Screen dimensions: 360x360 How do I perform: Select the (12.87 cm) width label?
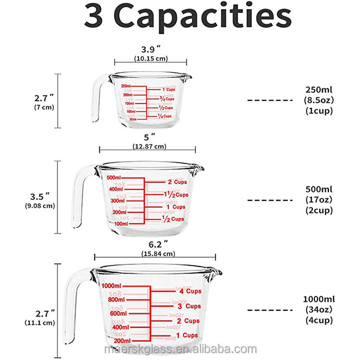(147, 146)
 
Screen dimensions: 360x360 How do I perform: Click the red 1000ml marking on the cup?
(111, 286)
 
